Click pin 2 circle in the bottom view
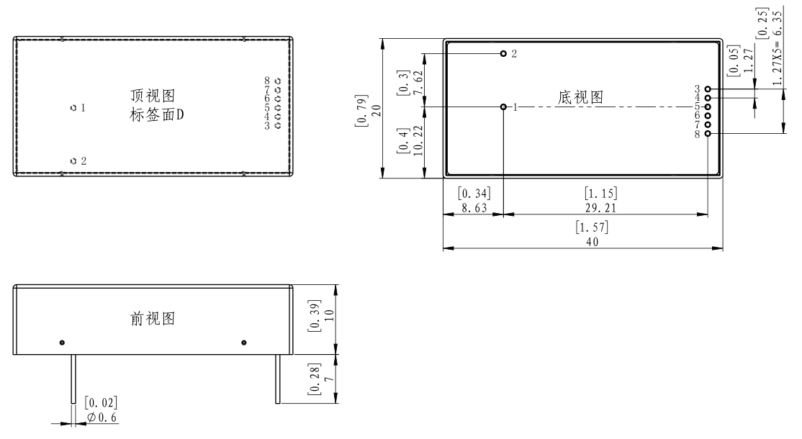tap(503, 54)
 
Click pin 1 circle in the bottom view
tap(503, 107)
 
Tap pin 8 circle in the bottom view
tap(708, 134)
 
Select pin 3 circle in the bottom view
tap(708, 89)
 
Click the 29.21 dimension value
tap(600, 208)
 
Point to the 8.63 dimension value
tap(474, 208)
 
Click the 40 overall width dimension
tap(593, 242)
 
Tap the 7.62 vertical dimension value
tap(418, 82)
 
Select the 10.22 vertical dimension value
tap(418, 140)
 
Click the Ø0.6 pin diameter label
tap(102, 417)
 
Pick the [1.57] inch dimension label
tap(592, 227)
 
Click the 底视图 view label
tap(580, 97)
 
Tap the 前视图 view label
tap(153, 319)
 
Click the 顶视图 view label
tap(153, 96)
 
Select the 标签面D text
tap(156, 115)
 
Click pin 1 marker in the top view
tap(73, 108)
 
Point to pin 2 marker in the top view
tap(73, 161)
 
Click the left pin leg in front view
tap(73, 379)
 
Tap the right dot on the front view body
tap(244, 343)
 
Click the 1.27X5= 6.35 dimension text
tap(777, 48)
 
